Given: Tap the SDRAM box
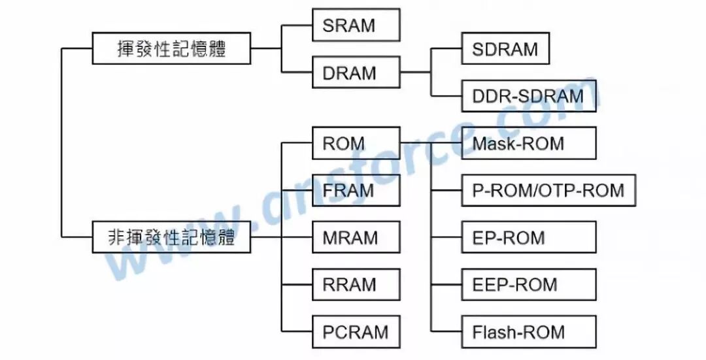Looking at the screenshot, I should click(x=505, y=48).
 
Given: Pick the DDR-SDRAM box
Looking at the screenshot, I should click(x=528, y=96).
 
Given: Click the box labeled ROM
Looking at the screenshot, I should click(x=356, y=143).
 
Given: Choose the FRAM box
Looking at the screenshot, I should click(x=356, y=190).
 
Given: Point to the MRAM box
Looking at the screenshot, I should click(x=356, y=237).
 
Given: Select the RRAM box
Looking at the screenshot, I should click(x=356, y=284).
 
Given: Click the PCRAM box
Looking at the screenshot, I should click(x=356, y=331).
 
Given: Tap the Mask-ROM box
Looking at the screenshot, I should click(x=528, y=143).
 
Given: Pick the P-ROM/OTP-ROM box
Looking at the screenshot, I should click(x=548, y=190).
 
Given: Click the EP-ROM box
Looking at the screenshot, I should click(x=528, y=237).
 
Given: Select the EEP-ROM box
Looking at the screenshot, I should click(x=528, y=284).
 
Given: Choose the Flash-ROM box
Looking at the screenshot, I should click(x=528, y=331).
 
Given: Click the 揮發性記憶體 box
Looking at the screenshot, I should click(x=171, y=48).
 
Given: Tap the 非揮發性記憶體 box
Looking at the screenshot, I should click(x=171, y=237).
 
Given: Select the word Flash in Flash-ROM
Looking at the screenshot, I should click(x=492, y=331).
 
